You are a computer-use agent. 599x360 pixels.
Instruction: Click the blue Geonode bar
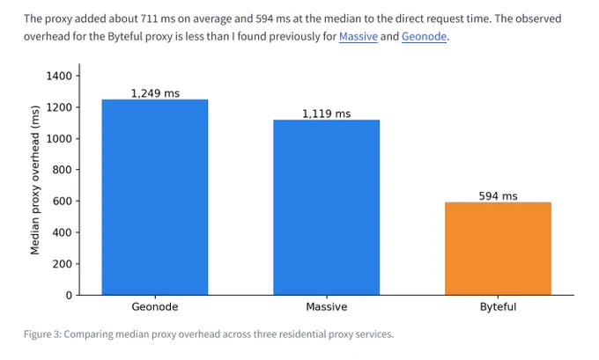pyautogui.click(x=155, y=197)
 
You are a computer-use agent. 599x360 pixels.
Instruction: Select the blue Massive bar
pyautogui.click(x=326, y=208)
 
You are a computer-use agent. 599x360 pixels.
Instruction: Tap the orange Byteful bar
pyautogui.click(x=498, y=248)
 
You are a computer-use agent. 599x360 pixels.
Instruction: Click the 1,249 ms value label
pyautogui.click(x=155, y=93)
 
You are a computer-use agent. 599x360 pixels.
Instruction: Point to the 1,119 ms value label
pyautogui.click(x=326, y=114)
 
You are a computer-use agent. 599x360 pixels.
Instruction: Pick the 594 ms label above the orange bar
pyautogui.click(x=498, y=196)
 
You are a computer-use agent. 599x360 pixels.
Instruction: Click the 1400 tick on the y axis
pyautogui.click(x=59, y=76)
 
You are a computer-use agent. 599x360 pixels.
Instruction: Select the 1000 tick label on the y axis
pyautogui.click(x=59, y=138)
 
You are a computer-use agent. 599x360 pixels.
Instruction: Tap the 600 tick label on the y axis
pyautogui.click(x=63, y=202)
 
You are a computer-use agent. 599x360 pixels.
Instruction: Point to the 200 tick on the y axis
pyautogui.click(x=63, y=264)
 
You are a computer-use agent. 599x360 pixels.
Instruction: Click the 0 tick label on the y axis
pyautogui.click(x=69, y=295)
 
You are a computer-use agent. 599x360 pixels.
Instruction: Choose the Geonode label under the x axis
pyautogui.click(x=155, y=307)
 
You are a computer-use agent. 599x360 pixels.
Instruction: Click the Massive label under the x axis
pyautogui.click(x=326, y=307)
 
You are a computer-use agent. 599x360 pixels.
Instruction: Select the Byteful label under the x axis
pyautogui.click(x=498, y=307)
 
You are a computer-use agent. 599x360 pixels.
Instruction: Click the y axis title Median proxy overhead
pyautogui.click(x=34, y=180)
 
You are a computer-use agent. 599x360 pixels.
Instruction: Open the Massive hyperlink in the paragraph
pyautogui.click(x=359, y=36)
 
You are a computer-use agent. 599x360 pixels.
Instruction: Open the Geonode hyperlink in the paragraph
pyautogui.click(x=424, y=36)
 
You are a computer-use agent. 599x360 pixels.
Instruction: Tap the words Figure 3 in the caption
pyautogui.click(x=42, y=334)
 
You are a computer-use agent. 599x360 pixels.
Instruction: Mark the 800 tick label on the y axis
pyautogui.click(x=63, y=170)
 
